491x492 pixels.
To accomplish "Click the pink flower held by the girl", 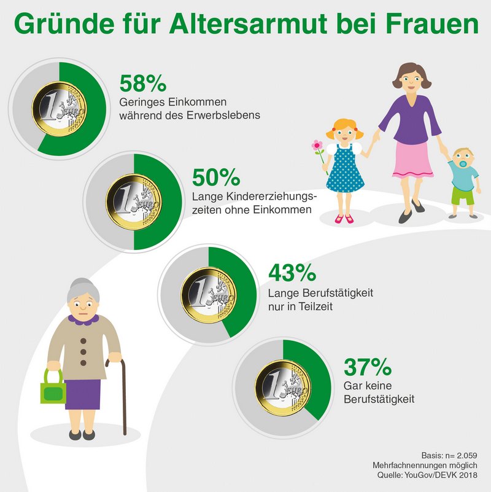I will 317,146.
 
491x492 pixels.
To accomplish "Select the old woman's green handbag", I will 53,389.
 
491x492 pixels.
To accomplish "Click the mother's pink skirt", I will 412,158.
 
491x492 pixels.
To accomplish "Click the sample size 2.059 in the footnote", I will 464,455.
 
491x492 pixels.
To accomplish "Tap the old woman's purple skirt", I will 83,394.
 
